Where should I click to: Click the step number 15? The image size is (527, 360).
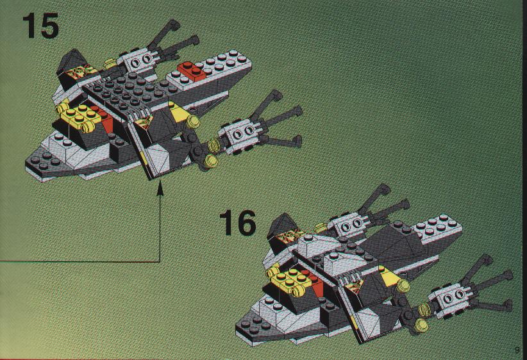[x=40, y=26]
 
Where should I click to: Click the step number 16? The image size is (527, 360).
[x=237, y=222]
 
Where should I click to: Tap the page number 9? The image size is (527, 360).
[x=516, y=349]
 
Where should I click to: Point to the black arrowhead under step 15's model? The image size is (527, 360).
[x=159, y=188]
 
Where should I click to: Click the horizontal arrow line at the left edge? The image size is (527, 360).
[x=77, y=261]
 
